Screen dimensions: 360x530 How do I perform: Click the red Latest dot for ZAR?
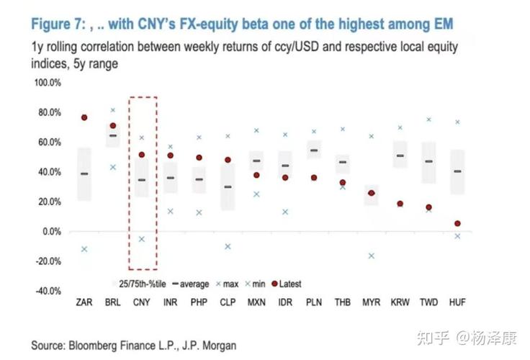84,117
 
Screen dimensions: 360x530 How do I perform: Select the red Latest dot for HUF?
457,224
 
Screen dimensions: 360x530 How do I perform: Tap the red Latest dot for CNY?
142,155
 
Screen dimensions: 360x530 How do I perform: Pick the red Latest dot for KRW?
400,204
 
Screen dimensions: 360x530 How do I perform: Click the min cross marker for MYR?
372,256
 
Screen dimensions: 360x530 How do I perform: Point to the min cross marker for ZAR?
84,249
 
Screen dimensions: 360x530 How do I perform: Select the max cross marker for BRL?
113,110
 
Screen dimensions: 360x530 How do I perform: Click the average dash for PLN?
314,151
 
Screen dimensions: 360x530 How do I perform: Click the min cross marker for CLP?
228,246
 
